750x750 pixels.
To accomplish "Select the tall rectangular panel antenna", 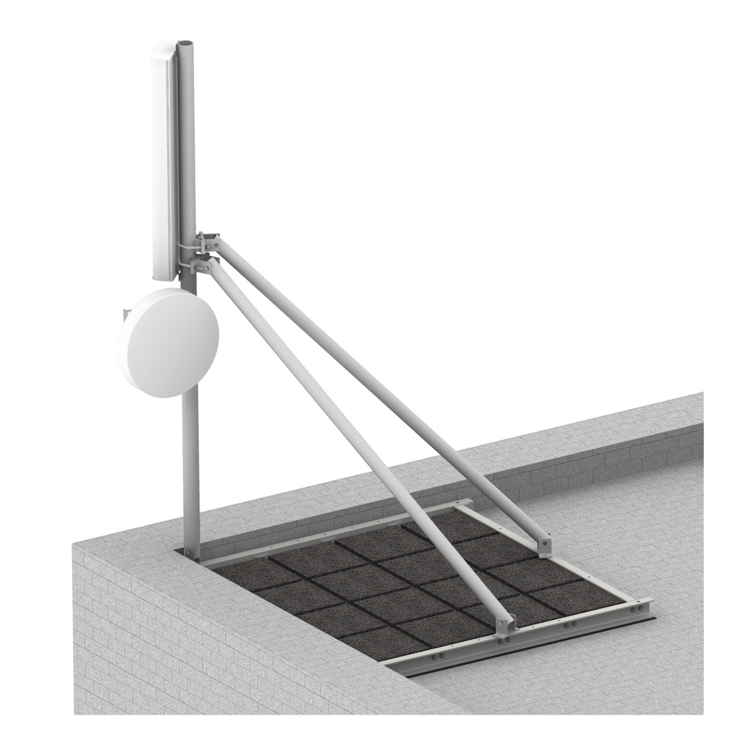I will [x=163, y=162].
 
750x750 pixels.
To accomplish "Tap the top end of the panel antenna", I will [x=163, y=48].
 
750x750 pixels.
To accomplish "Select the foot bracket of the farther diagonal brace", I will [x=545, y=546].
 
